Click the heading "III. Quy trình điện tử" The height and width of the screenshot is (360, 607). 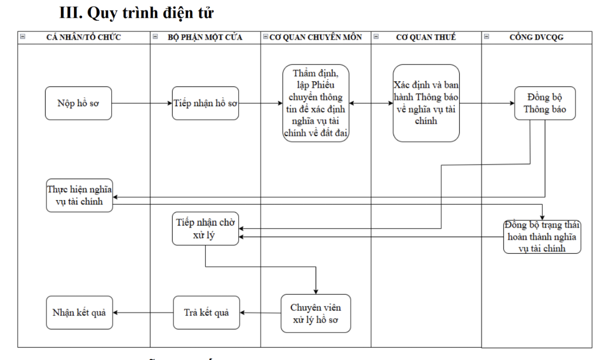pos(137,14)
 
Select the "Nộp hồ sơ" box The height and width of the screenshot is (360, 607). pos(78,103)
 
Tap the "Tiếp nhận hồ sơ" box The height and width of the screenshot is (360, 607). pos(205,103)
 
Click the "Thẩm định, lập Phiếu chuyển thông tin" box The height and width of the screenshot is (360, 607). pos(316,103)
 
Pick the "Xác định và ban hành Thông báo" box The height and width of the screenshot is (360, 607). pos(426,103)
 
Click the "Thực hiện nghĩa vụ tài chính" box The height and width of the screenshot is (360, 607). pos(79,195)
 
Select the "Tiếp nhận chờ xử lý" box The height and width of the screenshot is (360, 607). pos(205,229)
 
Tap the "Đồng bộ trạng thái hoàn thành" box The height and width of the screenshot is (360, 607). pos(542,237)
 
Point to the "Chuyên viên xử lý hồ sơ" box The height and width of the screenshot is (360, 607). pos(316,313)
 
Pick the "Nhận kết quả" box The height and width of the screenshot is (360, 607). pos(78,312)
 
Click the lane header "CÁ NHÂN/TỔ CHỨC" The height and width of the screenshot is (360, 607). pos(83,37)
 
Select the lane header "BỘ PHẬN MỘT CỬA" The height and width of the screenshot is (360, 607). pos(205,37)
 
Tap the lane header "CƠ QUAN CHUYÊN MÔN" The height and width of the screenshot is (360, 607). pos(316,37)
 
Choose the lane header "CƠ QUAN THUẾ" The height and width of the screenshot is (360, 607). pos(426,37)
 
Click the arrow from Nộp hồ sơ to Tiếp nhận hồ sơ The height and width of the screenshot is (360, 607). pos(142,104)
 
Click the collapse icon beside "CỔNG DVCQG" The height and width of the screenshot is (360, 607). pos(486,37)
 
